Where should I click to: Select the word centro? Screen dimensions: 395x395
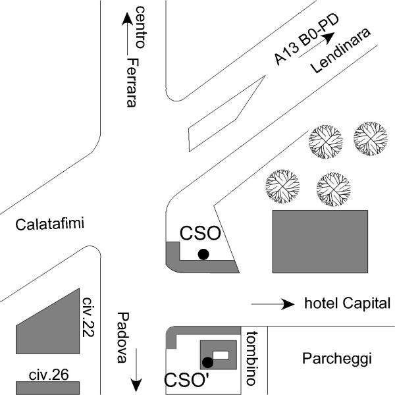coord(140,26)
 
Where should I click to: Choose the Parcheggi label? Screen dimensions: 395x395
coord(337,359)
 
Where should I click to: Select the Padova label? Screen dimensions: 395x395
coord(122,337)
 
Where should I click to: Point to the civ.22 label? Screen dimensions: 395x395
coord(89,317)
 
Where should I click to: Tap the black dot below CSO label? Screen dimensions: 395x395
coord(203,254)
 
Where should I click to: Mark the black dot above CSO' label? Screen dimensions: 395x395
coord(207,361)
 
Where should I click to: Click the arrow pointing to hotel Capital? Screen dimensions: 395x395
coord(273,304)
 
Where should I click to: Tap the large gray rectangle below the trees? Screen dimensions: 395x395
coord(320,241)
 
